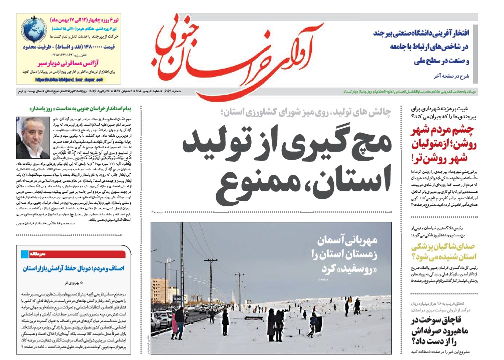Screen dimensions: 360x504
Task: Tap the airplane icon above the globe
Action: click(x=29, y=22)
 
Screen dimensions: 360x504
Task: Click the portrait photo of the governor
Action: click(x=33, y=138)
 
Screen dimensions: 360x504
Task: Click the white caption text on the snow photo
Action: click(x=346, y=255)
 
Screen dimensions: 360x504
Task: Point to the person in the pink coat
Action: click(x=175, y=322)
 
